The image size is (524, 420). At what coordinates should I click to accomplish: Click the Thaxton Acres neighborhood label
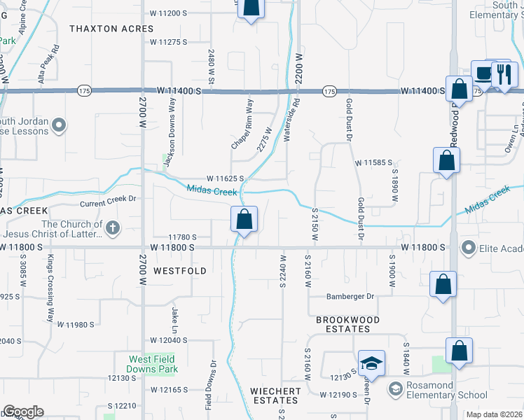(111, 29)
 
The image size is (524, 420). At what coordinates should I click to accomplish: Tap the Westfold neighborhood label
(180, 270)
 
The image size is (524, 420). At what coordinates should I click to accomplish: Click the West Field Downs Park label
(153, 363)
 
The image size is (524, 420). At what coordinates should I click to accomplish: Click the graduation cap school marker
(372, 364)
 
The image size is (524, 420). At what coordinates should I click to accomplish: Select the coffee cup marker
(483, 73)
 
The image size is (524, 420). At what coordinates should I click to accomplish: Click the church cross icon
(112, 227)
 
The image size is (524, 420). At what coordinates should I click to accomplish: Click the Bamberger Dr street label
(351, 296)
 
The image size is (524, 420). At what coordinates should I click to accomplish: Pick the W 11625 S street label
(225, 178)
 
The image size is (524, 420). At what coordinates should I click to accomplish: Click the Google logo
(23, 412)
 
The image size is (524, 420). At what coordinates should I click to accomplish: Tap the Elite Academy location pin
(469, 247)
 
